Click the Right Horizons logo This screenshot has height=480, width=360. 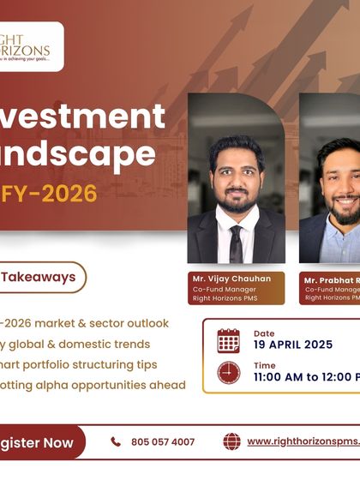pyautogui.click(x=29, y=46)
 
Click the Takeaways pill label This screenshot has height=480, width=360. pyautogui.click(x=39, y=276)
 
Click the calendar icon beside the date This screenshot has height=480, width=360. pyautogui.click(x=229, y=340)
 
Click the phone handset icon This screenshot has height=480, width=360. pyautogui.click(x=116, y=442)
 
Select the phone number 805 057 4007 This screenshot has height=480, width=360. pyautogui.click(x=163, y=442)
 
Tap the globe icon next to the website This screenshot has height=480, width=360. pyautogui.click(x=231, y=441)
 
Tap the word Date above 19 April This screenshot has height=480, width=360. pyautogui.click(x=264, y=333)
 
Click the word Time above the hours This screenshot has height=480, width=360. pyautogui.click(x=265, y=365)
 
